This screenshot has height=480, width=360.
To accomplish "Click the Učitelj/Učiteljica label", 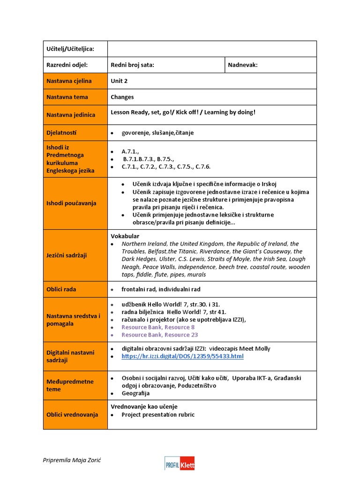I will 70,49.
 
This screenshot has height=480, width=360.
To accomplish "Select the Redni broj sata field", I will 132,65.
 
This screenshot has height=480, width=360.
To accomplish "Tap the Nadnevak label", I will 242,65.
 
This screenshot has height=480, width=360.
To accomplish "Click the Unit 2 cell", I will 119,81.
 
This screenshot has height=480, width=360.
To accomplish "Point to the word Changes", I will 122,97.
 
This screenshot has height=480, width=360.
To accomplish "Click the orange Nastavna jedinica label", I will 71,115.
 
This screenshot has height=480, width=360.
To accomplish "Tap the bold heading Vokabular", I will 125,236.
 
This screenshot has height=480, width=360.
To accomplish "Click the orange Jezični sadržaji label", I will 66,255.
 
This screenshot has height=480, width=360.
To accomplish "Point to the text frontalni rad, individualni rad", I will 161,289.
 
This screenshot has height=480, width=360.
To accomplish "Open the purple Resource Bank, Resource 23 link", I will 159,335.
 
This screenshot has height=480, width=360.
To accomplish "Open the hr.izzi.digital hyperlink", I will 182,356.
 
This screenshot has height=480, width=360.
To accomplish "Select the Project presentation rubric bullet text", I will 158,414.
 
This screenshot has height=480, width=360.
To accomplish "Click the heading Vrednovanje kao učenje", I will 144,406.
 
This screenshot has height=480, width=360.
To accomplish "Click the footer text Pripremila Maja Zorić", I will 72,460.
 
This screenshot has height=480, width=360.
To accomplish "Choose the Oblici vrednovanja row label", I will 72,414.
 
